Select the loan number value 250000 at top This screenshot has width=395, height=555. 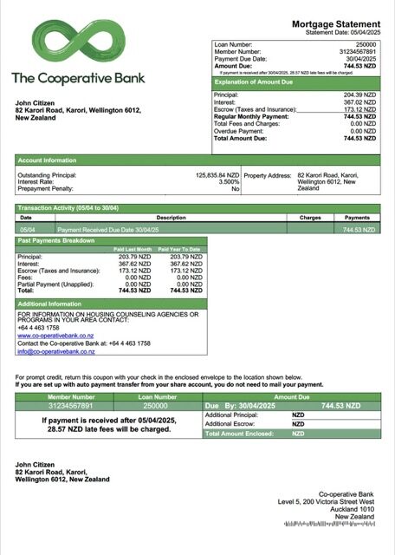[x=366, y=42]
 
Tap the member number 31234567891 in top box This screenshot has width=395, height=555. [x=357, y=50]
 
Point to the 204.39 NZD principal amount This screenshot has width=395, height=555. [x=359, y=95]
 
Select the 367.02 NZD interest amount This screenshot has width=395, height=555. [x=359, y=102]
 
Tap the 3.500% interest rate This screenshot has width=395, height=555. [x=229, y=181]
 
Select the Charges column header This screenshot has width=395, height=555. [x=310, y=218]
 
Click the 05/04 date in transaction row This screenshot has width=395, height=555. [x=26, y=230]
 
